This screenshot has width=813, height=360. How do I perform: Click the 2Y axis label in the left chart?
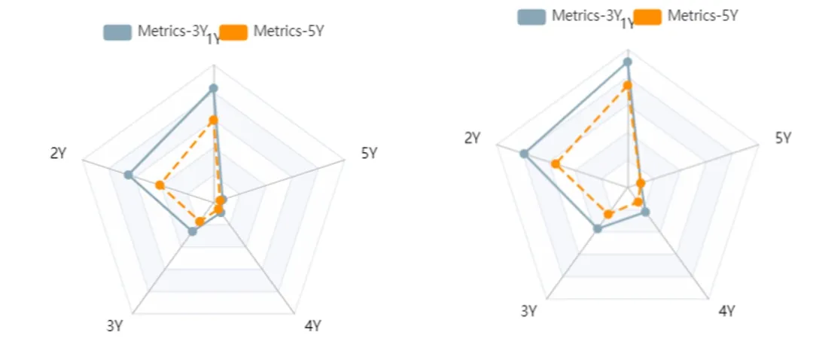[x=58, y=154]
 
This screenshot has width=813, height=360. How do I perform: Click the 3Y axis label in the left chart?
[x=114, y=326]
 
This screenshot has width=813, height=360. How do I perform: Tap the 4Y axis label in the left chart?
[x=313, y=326]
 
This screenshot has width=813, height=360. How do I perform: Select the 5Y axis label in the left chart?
[x=369, y=154]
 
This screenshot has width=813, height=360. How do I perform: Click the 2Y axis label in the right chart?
[x=472, y=138]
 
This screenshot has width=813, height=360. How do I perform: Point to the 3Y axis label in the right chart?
[x=528, y=311]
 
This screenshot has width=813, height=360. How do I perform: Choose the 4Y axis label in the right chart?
[x=726, y=311]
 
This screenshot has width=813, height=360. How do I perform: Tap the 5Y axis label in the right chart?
[x=783, y=138]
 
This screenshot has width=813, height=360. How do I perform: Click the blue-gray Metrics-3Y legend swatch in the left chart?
[x=117, y=32]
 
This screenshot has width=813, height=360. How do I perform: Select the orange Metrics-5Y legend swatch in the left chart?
[x=234, y=32]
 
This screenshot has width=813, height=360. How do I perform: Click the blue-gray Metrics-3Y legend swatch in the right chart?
[x=531, y=16]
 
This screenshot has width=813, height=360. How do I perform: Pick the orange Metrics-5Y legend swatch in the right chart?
[x=647, y=16]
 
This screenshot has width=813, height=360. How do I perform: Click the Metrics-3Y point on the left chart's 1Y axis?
[x=213, y=89]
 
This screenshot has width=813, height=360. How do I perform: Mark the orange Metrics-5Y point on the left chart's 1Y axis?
[x=213, y=121]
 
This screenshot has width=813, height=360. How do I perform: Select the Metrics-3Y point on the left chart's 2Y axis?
[x=129, y=175]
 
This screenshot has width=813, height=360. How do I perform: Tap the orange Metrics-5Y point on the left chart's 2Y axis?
[x=160, y=185]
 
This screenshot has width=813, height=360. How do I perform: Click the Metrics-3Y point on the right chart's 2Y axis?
[x=524, y=154]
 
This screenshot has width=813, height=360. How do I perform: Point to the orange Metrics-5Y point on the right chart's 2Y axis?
[x=556, y=164]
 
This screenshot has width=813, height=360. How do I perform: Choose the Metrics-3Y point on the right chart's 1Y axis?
[x=627, y=62]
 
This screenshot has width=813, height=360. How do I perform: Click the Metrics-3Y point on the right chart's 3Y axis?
[x=598, y=228]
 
